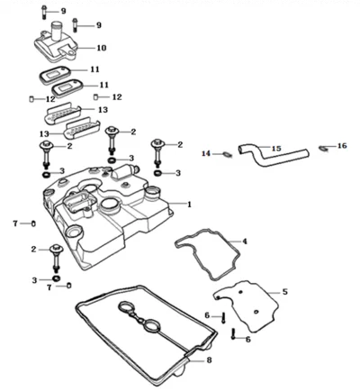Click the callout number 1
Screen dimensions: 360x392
click(189, 205)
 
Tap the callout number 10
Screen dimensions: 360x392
click(102, 48)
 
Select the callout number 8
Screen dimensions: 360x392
click(209, 360)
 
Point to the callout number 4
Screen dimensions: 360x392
click(245, 242)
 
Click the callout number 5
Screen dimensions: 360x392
click(284, 292)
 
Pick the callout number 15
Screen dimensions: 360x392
click(276, 148)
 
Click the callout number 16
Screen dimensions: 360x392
click(342, 146)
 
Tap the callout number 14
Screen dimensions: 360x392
click(206, 154)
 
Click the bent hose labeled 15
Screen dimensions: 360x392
click(272, 156)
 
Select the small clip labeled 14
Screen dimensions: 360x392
click(227, 154)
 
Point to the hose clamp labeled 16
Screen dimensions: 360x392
click(323, 148)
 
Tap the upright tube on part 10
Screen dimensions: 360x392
click(57, 30)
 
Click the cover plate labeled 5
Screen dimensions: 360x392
click(246, 306)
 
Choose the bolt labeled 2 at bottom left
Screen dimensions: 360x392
click(56, 257)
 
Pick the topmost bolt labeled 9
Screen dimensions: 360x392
click(44, 12)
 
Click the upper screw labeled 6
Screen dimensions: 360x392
click(223, 318)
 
